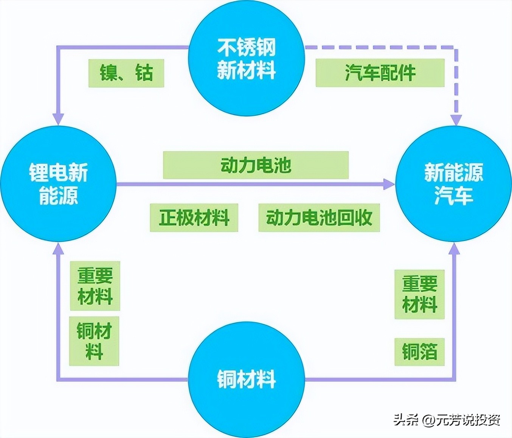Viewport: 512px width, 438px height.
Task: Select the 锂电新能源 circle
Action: pyautogui.click(x=59, y=184)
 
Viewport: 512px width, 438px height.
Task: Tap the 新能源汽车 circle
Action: pyautogui.click(x=453, y=184)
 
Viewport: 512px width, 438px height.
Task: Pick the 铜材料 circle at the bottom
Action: pyautogui.click(x=247, y=379)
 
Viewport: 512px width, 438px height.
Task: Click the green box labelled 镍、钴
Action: pyautogui.click(x=126, y=73)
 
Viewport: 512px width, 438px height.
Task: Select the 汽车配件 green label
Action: pyautogui.click(x=380, y=72)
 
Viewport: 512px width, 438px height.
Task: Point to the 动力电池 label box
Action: pyautogui.click(x=256, y=165)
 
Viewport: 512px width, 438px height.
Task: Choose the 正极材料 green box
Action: pyautogui.click(x=194, y=217)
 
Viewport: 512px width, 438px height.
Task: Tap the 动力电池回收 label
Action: pyautogui.click(x=319, y=217)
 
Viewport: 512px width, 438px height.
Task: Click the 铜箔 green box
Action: pyautogui.click(x=419, y=352)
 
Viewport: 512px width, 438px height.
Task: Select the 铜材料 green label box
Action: pyautogui.click(x=94, y=341)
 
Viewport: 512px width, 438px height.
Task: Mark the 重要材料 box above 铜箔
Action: pyautogui.click(x=419, y=294)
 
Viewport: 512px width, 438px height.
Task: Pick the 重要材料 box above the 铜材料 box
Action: pyautogui.click(x=95, y=286)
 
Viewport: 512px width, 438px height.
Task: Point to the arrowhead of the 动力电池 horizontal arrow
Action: pyautogui.click(x=389, y=184)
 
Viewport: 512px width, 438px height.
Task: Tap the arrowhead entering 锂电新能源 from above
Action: pyautogui.click(x=58, y=119)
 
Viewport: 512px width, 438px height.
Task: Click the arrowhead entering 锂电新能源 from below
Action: pyautogui.click(x=58, y=248)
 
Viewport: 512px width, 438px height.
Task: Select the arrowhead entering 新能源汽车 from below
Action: pyautogui.click(x=454, y=248)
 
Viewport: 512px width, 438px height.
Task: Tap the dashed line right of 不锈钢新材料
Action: pyautogui.click(x=378, y=48)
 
